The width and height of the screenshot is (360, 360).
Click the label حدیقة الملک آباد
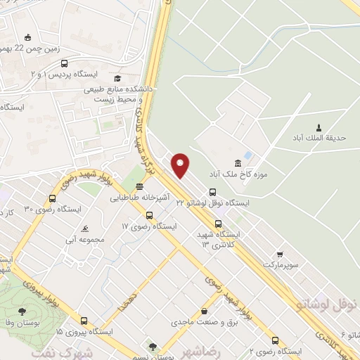click(320, 139)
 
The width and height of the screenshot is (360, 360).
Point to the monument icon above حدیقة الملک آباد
click(320, 128)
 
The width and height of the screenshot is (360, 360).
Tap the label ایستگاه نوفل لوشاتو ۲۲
click(212, 202)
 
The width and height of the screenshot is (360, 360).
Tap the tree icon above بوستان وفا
click(23, 309)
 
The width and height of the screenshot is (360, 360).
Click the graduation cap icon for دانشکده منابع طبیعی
click(119, 79)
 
